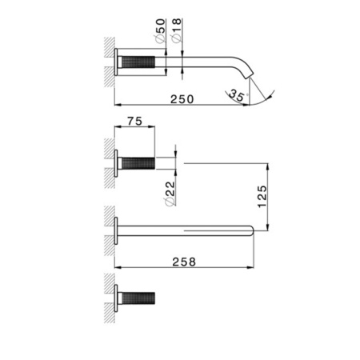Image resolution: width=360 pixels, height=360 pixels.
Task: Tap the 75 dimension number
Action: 133,122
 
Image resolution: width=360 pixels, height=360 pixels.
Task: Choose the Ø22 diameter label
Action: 171,193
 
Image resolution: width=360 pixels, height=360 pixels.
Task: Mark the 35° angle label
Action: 238,98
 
